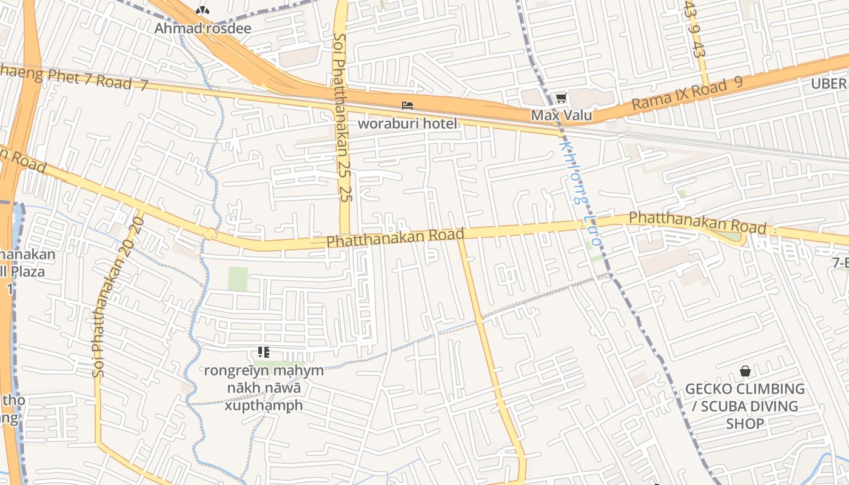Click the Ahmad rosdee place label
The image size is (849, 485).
[203, 28]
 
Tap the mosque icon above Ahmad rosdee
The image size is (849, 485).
[203, 10]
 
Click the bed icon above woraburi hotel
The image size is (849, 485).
[408, 105]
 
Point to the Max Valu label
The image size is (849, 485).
[562, 115]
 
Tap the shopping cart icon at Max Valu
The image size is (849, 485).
[562, 98]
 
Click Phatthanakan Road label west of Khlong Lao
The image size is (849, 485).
[395, 237]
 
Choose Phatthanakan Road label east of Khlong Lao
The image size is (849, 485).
[697, 222]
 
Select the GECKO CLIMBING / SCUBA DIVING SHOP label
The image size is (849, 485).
[745, 406]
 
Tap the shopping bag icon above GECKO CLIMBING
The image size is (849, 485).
[745, 371]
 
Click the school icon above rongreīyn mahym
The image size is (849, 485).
[263, 352]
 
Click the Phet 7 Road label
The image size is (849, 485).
[73, 78]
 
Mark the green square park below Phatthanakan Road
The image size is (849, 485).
[238, 279]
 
